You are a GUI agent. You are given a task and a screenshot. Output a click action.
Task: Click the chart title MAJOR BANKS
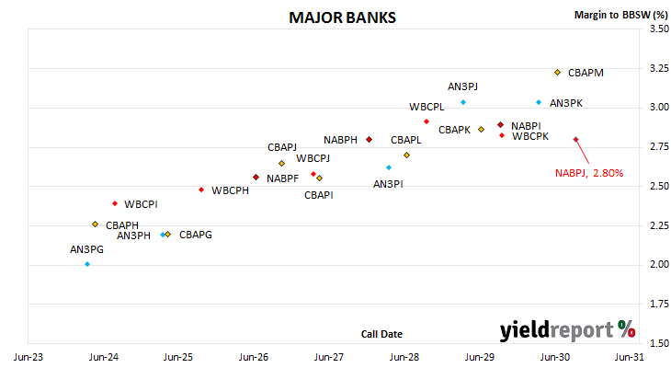[x=342, y=17]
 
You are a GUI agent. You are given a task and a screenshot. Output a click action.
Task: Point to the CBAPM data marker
[x=557, y=73]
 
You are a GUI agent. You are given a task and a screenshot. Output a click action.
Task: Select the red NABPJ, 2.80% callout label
[x=589, y=173]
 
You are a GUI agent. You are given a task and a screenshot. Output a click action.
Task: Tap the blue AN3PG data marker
[x=87, y=264]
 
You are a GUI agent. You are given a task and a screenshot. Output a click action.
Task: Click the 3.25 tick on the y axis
[x=659, y=68]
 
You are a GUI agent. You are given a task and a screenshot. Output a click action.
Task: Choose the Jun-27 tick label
[x=329, y=357]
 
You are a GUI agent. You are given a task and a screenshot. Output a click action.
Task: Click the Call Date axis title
[x=381, y=334]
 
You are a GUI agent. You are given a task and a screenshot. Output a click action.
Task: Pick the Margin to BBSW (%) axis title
[x=621, y=15]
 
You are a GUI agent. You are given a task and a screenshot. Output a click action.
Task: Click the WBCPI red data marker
[x=115, y=203]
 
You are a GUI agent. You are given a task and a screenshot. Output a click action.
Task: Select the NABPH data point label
[x=340, y=140]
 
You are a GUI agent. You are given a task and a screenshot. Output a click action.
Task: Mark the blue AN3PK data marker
[x=539, y=102]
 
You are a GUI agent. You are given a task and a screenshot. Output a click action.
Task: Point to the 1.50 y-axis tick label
[x=659, y=343]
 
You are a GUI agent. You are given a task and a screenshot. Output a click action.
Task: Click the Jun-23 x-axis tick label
[x=28, y=357]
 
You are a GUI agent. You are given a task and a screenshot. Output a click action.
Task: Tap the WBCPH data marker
[x=201, y=190]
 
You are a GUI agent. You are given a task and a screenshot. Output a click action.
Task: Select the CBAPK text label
[x=454, y=130]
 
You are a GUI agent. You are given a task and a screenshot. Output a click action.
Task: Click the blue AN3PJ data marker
[x=463, y=102]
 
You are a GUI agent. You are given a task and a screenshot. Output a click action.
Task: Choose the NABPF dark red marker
[x=256, y=178]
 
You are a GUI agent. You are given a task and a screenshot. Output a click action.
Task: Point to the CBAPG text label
[x=196, y=235]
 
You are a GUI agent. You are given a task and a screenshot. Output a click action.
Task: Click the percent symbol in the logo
[x=627, y=329]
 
